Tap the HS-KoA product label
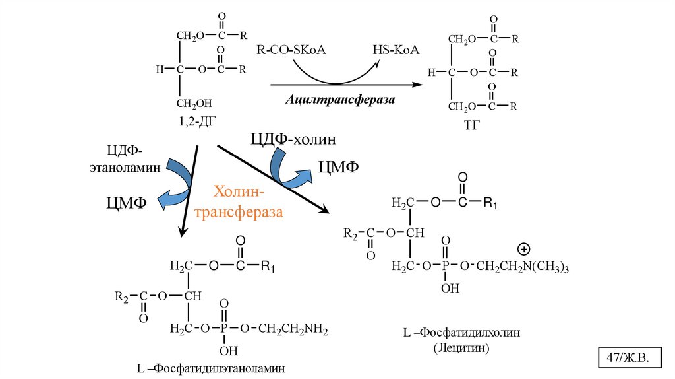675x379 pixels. tap(396, 50)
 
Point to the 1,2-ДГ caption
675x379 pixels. tap(196, 121)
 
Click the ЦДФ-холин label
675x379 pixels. tap(293, 139)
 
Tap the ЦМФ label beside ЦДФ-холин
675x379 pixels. tap(338, 168)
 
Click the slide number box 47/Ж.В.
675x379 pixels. tap(628, 357)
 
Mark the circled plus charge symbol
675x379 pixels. tap(524, 250)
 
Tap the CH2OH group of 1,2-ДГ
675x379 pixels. tap(194, 104)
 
